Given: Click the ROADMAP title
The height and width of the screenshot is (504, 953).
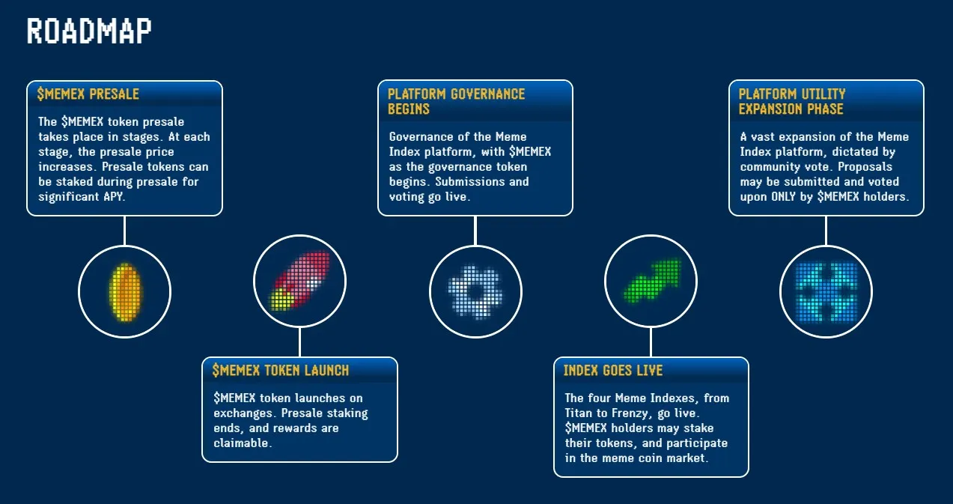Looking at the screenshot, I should pos(89,31).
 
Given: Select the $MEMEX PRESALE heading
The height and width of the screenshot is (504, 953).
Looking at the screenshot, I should pos(88,94).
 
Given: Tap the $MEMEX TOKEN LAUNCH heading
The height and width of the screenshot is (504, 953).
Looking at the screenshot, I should pos(281,370).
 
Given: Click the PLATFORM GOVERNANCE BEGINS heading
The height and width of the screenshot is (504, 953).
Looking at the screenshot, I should pos(456,101).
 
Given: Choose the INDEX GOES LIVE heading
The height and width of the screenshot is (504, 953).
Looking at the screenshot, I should pos(613,370).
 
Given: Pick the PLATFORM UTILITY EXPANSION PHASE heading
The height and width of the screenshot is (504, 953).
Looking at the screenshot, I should pos(791,101).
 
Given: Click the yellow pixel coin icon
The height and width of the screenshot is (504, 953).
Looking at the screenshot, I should pos(124,291).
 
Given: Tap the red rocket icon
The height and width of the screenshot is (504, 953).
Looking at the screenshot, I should pos(299,280).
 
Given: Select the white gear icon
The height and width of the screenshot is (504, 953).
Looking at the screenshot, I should pos(475,291).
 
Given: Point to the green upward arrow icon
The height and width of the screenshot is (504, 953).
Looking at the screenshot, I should pos(651,280).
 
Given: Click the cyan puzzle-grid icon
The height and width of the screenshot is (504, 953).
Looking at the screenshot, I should pos(826,291).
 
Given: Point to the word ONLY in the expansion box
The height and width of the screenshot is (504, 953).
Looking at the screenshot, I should pos(791,197).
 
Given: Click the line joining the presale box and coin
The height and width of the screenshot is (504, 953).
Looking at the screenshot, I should pos(124,231).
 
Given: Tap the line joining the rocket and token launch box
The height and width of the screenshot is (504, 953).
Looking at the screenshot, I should pos(299,341).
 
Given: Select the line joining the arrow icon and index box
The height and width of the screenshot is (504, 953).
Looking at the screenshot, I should pos(651,341).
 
